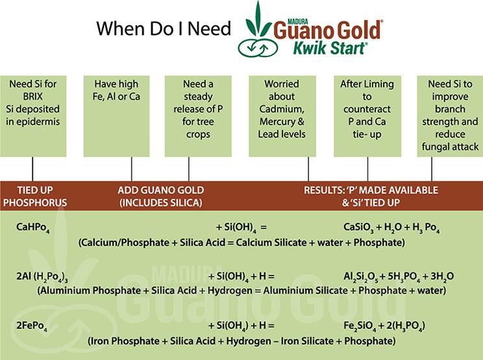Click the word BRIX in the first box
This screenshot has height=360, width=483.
click(x=33, y=96)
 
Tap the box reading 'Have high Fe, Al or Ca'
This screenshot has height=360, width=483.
click(x=116, y=116)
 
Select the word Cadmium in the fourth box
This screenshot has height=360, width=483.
click(x=282, y=109)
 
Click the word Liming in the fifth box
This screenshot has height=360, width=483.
click(x=380, y=84)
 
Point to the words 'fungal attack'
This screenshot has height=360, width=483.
click(x=450, y=147)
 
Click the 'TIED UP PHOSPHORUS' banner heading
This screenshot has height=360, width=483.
click(x=35, y=196)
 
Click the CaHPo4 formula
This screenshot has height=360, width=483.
click(x=33, y=228)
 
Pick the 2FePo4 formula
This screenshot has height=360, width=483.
click(x=32, y=326)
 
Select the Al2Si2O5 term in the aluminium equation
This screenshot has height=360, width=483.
click(x=360, y=277)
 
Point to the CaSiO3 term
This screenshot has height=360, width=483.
click(x=358, y=228)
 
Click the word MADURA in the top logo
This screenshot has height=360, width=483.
click(x=297, y=21)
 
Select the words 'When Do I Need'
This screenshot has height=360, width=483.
click(x=164, y=28)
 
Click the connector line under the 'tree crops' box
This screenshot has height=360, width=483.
click(x=189, y=169)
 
